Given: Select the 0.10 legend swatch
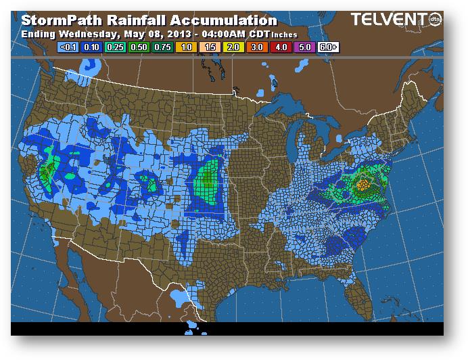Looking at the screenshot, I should (x=90, y=47).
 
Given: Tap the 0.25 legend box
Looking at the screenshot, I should (x=114, y=47).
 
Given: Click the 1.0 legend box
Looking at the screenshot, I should (x=185, y=47).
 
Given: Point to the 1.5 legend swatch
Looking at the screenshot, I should (x=208, y=47).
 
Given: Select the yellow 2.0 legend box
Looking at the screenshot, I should (x=232, y=47).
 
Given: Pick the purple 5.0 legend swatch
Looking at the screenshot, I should (x=303, y=47).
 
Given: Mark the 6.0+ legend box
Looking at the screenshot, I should (x=327, y=47).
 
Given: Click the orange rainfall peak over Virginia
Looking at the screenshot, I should (x=363, y=184).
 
